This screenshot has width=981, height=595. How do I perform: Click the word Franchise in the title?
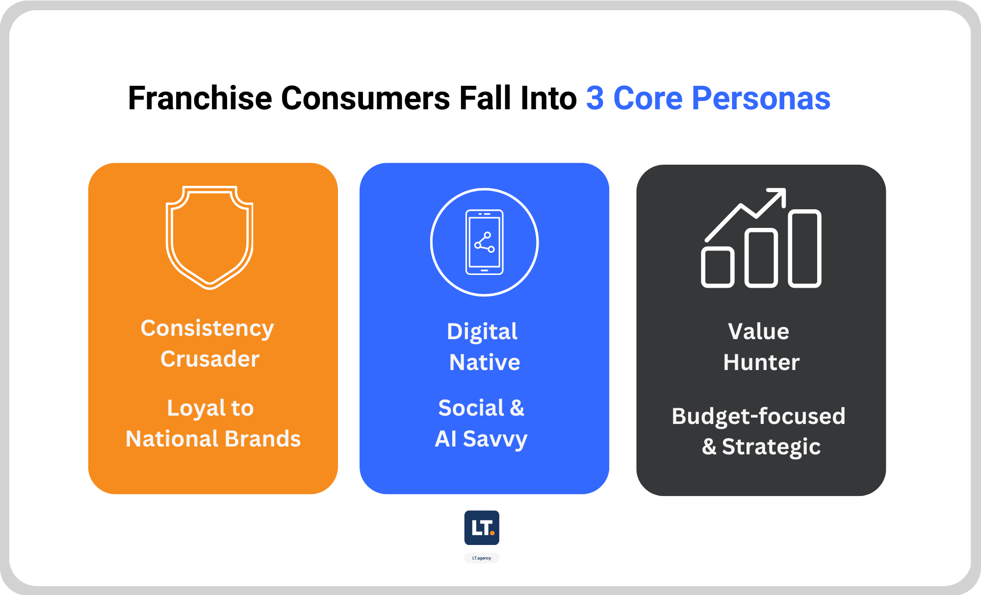pos(200,98)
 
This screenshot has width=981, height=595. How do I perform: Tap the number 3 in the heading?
pos(595,98)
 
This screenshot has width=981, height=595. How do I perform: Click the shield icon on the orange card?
pos(210,237)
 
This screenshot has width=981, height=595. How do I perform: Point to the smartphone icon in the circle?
pos(484,242)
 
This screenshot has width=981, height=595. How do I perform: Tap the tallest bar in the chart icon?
pos(805,248)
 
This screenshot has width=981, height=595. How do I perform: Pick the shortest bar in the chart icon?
pos(718,267)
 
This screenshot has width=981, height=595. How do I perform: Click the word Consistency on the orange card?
pos(207,329)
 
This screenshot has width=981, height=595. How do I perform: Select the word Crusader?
pos(210,359)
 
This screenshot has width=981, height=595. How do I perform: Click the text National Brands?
pos(213,439)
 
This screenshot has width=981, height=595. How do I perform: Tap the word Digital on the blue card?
pos(482,332)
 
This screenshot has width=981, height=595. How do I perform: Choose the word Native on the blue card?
pos(485,363)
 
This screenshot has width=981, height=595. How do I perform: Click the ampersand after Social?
pos(517,408)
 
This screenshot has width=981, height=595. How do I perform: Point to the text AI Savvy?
pos(481,439)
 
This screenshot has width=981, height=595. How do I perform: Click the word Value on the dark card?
pos(759,331)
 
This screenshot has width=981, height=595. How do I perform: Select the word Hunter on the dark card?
pos(761,363)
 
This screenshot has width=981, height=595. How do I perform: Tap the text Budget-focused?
pos(759,417)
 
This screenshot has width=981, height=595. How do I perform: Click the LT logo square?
pos(482,528)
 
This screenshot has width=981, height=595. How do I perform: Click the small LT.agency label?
pos(482,558)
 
